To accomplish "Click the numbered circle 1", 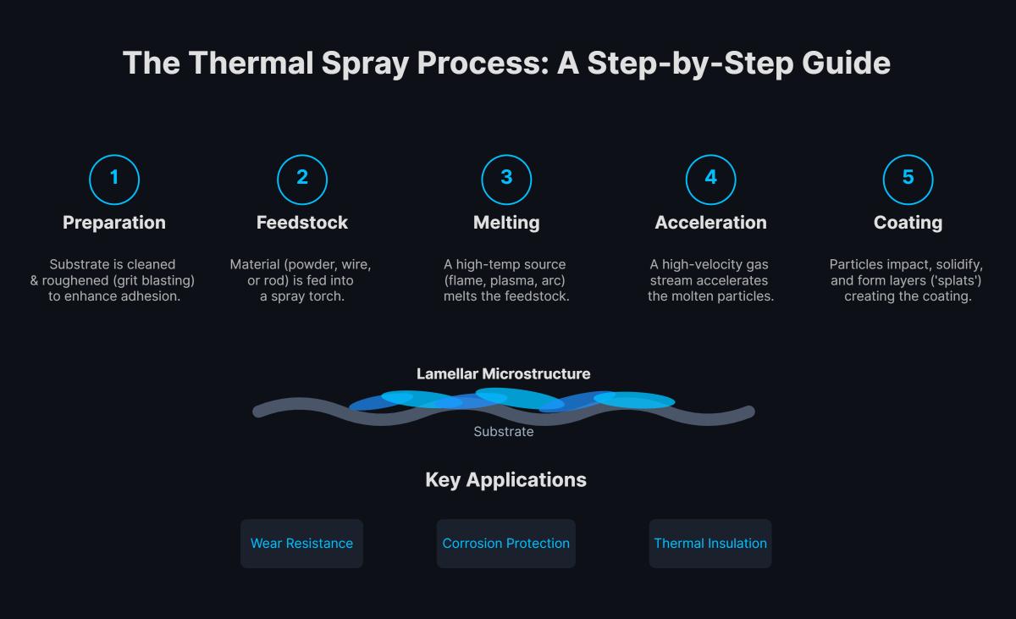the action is [x=114, y=178].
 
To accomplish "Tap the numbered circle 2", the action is [x=302, y=178].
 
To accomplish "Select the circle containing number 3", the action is [x=506, y=178].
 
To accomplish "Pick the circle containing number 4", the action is [x=710, y=178].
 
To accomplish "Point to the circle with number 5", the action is [x=908, y=178].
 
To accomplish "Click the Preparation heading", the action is [x=114, y=223].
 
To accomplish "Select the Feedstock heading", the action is [x=302, y=223].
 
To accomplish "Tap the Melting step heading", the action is [x=506, y=223].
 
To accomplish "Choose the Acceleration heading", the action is [x=710, y=223].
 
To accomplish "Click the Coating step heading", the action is [x=908, y=223].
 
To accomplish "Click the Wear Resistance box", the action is [x=301, y=544].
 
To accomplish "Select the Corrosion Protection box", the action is [x=506, y=544].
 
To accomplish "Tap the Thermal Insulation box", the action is [x=710, y=544].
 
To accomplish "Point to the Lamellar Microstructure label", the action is [x=503, y=373].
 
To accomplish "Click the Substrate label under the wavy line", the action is [x=504, y=432].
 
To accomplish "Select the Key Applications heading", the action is [x=505, y=480].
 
